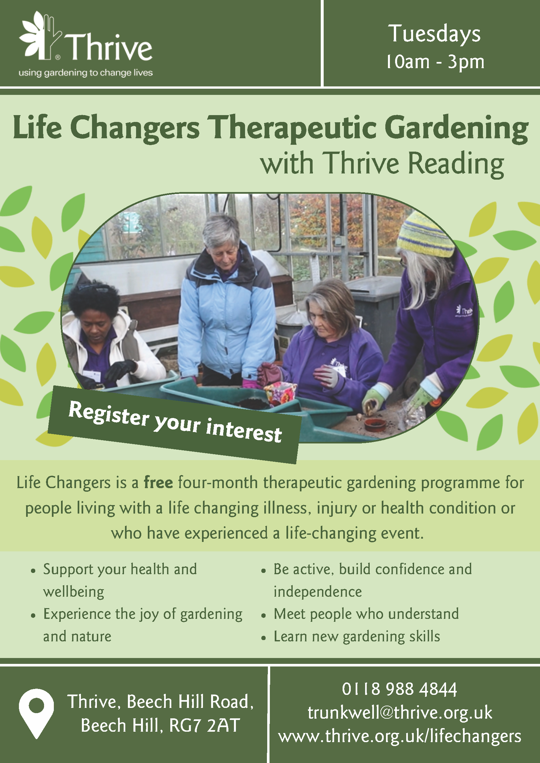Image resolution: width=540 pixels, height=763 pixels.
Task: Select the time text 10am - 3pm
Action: click(435, 62)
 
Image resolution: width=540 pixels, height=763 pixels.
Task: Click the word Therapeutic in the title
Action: click(294, 128)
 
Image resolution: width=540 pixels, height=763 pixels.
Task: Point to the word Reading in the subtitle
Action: click(456, 164)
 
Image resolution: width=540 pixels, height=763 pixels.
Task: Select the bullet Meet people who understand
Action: click(366, 614)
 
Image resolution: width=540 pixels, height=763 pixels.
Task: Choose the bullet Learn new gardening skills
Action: click(357, 636)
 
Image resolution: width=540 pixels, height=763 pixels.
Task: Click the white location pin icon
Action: click(36, 713)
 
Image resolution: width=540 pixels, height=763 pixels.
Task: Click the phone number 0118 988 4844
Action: click(399, 689)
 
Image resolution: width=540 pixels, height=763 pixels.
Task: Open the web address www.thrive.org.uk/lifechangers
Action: click(400, 736)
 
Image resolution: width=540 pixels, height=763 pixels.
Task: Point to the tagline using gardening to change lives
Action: click(85, 73)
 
